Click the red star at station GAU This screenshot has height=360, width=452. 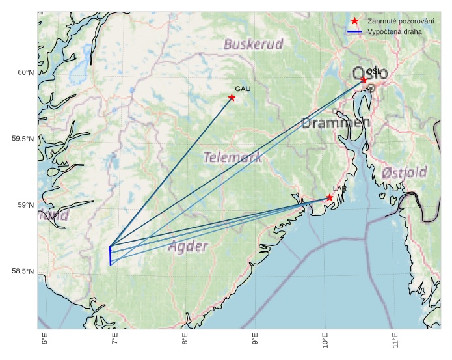(x=232, y=98)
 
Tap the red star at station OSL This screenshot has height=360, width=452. (x=364, y=79)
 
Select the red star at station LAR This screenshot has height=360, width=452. (x=330, y=197)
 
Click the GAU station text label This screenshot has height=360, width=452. (x=243, y=89)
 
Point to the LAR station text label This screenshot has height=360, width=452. (x=339, y=188)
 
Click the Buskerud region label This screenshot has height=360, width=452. (x=254, y=44)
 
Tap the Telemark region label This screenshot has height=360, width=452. (x=233, y=157)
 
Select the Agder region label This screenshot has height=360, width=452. (x=188, y=246)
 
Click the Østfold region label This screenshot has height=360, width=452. (x=405, y=173)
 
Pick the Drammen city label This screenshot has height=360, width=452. (x=336, y=122)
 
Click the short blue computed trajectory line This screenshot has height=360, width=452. (x=111, y=257)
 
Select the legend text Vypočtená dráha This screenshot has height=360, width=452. (x=394, y=31)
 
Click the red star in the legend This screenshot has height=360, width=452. (x=354, y=21)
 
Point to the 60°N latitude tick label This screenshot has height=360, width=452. (x=25, y=72)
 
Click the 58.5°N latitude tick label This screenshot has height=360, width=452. (x=23, y=271)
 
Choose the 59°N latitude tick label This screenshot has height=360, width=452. (x=25, y=205)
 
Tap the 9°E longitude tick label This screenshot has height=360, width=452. (x=255, y=339)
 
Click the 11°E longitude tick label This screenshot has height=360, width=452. (x=395, y=339)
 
